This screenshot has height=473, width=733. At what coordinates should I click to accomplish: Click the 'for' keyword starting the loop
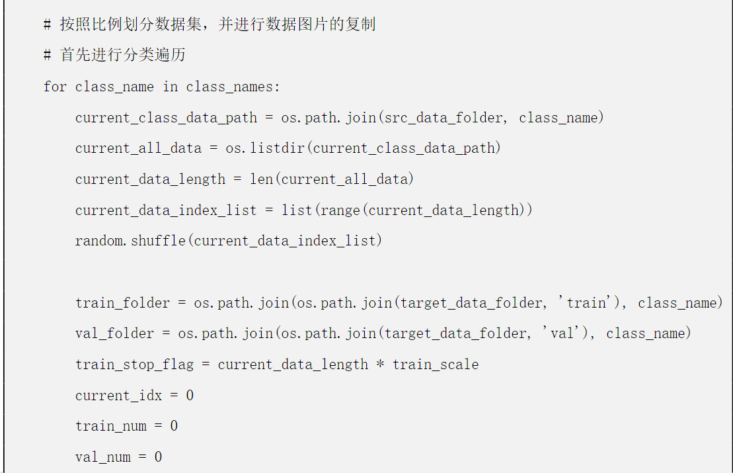(x=55, y=87)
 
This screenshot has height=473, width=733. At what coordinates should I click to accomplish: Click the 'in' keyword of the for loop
(x=170, y=87)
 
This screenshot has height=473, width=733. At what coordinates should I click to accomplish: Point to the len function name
(x=260, y=179)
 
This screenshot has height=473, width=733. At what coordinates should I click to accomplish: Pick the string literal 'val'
(x=562, y=333)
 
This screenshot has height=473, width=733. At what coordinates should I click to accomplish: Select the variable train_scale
(x=436, y=365)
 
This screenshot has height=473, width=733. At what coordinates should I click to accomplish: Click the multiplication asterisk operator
(x=380, y=365)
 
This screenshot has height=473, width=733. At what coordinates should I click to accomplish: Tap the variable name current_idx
(x=118, y=396)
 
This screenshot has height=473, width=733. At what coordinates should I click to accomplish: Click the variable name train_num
(x=110, y=426)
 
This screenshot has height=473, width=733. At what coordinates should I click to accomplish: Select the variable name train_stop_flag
(x=138, y=365)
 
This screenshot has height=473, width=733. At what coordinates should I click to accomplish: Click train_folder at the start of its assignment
(x=122, y=303)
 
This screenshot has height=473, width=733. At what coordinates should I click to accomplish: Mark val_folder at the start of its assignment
(x=114, y=333)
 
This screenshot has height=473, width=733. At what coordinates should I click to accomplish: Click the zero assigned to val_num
(x=158, y=457)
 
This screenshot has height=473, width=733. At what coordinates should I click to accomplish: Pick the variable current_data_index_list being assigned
(x=166, y=210)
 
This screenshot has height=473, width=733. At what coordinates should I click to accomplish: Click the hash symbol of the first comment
(x=48, y=25)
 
